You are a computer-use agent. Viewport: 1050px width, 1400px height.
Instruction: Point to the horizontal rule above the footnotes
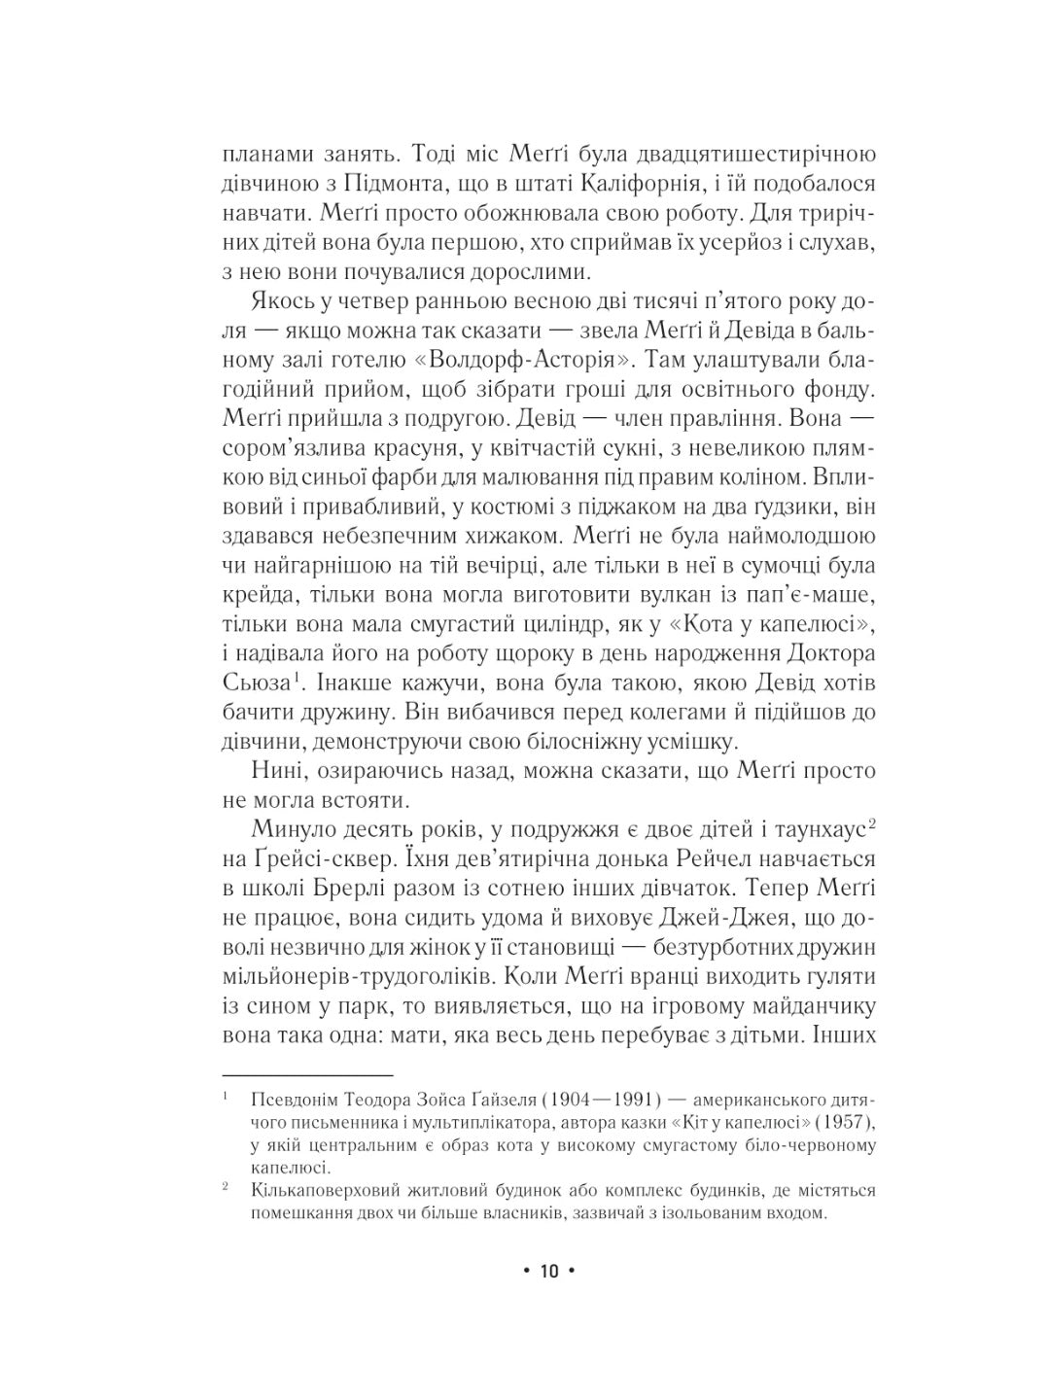[x=306, y=1074]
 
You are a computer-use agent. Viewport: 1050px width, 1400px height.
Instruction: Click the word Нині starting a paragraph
[x=274, y=771]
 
